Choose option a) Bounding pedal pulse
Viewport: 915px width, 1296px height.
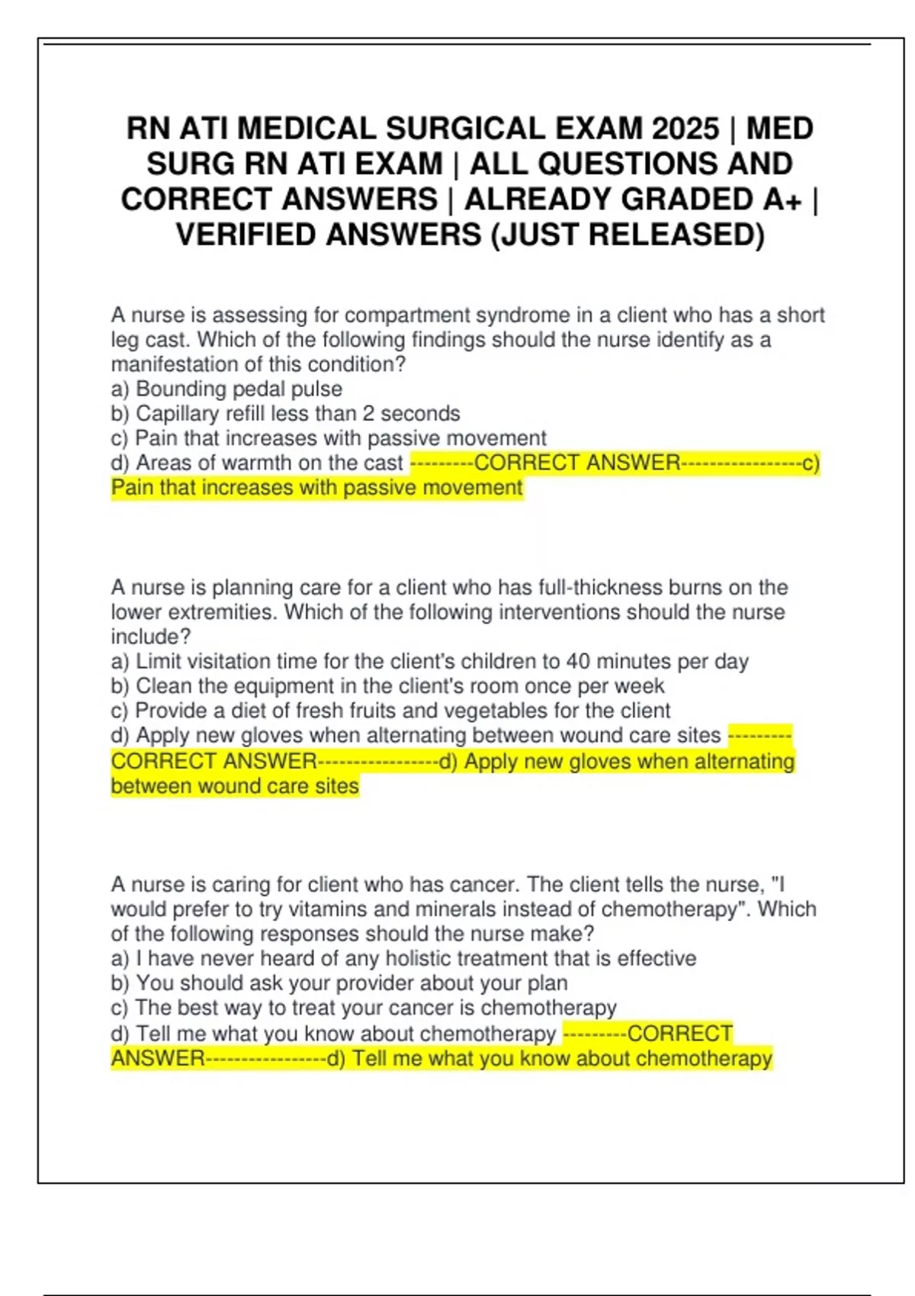coord(226,389)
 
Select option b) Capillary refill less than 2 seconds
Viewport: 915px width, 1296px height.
coord(285,413)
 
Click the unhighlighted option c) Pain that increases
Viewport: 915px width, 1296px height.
coord(328,438)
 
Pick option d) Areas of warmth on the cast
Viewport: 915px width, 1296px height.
coord(256,463)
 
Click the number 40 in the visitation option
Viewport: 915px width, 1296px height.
coord(578,661)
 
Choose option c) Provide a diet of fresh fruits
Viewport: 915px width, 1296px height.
coord(390,711)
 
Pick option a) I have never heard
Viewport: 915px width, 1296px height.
coord(403,958)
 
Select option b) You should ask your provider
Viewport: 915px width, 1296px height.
coord(339,983)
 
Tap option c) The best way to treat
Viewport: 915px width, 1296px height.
coord(363,1008)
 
